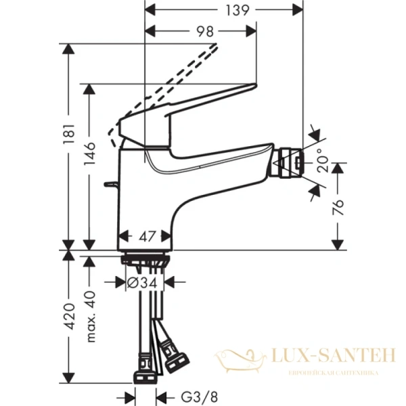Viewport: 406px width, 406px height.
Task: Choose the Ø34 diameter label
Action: [x=142, y=284]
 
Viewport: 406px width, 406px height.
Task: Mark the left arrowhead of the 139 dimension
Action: [x=150, y=10]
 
